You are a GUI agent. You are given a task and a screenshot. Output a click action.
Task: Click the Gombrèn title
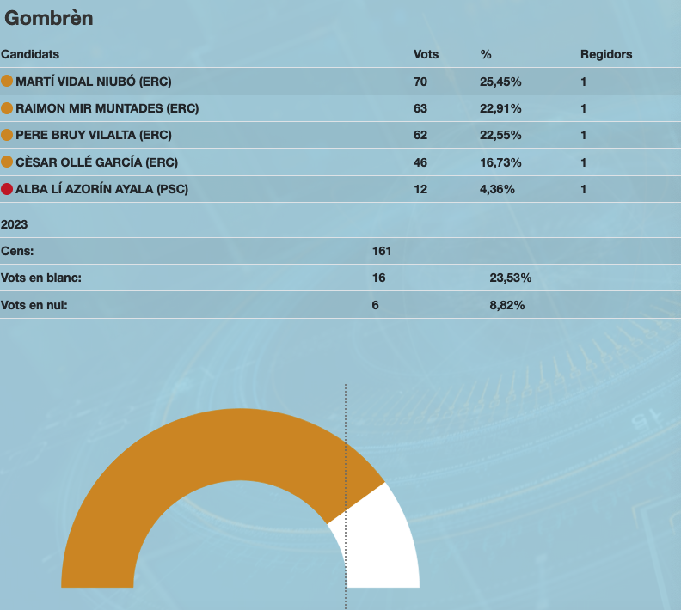pyautogui.click(x=49, y=18)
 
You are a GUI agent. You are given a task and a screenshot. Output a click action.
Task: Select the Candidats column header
pyautogui.click(x=30, y=54)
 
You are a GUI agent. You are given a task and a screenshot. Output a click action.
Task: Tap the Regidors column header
pyautogui.click(x=606, y=54)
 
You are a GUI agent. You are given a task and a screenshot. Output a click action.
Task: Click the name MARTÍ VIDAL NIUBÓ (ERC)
pyautogui.click(x=94, y=82)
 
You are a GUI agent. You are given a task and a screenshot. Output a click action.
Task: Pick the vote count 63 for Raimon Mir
pyautogui.click(x=420, y=108)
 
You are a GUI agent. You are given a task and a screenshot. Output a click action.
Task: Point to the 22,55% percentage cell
pyautogui.click(x=500, y=135)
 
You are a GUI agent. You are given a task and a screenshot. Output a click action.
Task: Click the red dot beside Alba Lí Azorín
pyautogui.click(x=7, y=189)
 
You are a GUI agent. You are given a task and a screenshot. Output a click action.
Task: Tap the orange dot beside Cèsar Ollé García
pyautogui.click(x=7, y=162)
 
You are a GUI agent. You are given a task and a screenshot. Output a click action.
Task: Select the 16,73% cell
pyautogui.click(x=500, y=162)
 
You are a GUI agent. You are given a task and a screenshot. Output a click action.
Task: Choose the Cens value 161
pyautogui.click(x=382, y=251)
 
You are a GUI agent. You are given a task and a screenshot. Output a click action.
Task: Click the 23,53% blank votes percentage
pyautogui.click(x=511, y=278)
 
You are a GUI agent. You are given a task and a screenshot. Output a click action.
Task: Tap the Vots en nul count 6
pyautogui.click(x=376, y=305)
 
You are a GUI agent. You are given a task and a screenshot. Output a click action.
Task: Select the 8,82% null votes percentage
pyautogui.click(x=507, y=305)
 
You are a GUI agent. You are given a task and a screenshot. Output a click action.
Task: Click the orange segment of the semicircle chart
pyautogui.click(x=172, y=464)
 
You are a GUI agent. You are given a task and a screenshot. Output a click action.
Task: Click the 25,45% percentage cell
pyautogui.click(x=500, y=82)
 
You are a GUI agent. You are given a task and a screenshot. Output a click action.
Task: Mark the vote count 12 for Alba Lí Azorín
pyautogui.click(x=420, y=189)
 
